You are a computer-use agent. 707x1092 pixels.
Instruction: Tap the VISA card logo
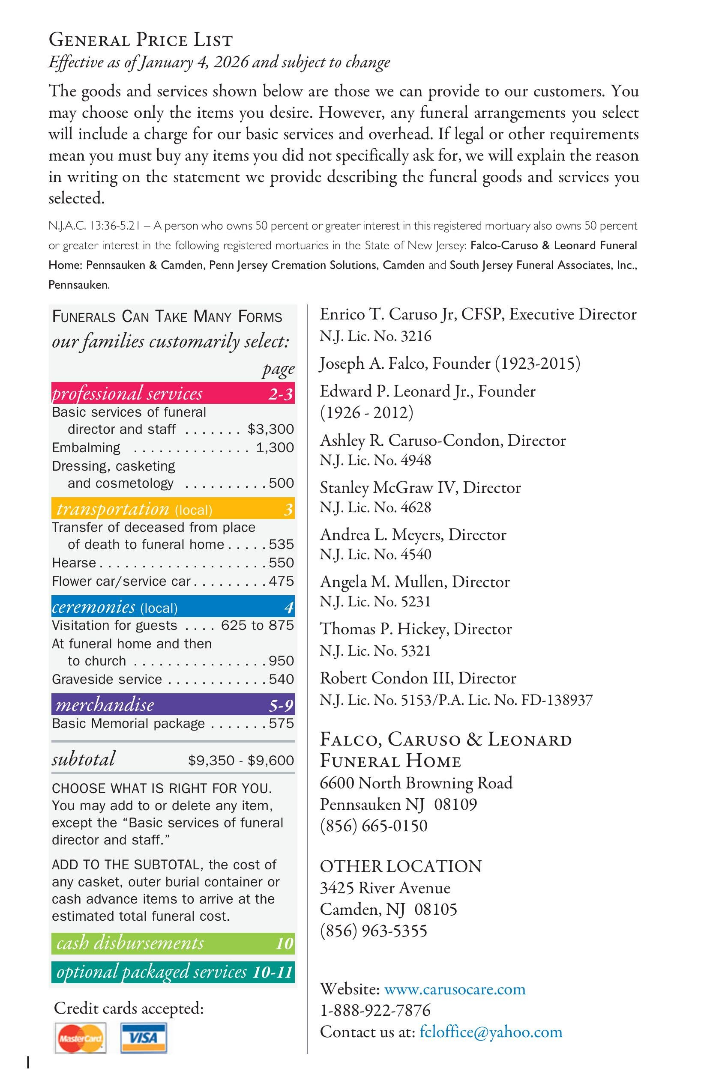[x=144, y=1037]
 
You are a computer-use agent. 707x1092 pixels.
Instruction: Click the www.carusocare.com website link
[x=455, y=989]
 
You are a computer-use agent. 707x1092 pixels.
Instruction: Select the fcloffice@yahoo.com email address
[x=491, y=1032]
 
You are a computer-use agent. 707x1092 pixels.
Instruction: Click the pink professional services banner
[x=173, y=393]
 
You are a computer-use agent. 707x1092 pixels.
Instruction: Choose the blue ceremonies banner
[x=173, y=606]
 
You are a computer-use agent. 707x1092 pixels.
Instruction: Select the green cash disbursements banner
[x=173, y=943]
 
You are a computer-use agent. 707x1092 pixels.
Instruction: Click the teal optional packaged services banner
[x=173, y=972]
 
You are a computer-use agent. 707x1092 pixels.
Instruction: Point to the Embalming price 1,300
[x=275, y=448]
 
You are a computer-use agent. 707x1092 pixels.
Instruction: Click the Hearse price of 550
[x=281, y=563]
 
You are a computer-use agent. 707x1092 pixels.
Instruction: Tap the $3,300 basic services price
[x=270, y=429]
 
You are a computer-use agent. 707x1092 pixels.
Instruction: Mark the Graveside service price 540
[x=281, y=679]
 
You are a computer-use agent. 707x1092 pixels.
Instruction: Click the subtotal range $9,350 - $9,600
[x=240, y=760]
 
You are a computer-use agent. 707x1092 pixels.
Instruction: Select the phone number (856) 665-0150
[x=374, y=826]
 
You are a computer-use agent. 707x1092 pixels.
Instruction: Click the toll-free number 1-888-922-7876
[x=375, y=1010]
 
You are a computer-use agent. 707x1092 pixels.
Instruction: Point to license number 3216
[x=416, y=336]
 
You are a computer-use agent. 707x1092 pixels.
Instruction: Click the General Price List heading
[x=141, y=40]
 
